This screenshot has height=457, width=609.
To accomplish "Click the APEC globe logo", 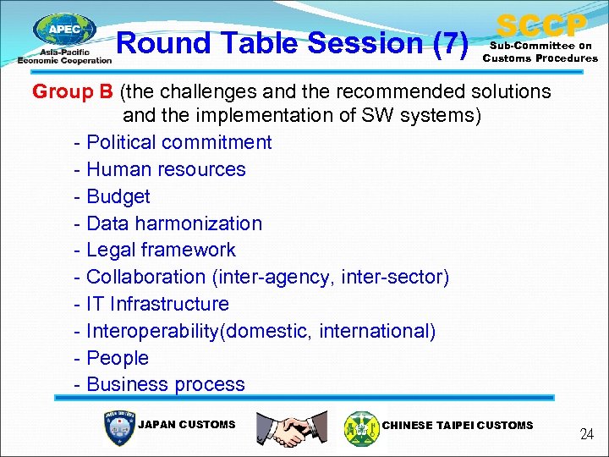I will tap(64, 32).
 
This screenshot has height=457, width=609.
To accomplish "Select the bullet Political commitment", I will tap(178, 142).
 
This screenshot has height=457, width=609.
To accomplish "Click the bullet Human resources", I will tap(166, 169).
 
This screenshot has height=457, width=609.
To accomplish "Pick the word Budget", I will tap(118, 196).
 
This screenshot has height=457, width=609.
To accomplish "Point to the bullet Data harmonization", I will tap(174, 223).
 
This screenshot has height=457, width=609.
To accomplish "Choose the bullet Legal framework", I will tap(161, 250).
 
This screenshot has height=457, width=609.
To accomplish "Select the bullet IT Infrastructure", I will tap(157, 304).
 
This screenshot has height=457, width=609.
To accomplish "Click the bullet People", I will tap(117, 358).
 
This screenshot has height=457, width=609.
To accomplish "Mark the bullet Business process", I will tap(165, 384).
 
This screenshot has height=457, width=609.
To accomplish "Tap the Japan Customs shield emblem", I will tap(117, 427).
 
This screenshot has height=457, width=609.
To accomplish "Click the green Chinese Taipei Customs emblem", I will tap(362, 427).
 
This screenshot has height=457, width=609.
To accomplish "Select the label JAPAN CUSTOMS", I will tap(186, 425).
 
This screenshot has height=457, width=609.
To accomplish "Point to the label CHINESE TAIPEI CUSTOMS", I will tap(458, 426).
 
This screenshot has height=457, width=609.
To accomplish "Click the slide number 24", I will tap(586, 434).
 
